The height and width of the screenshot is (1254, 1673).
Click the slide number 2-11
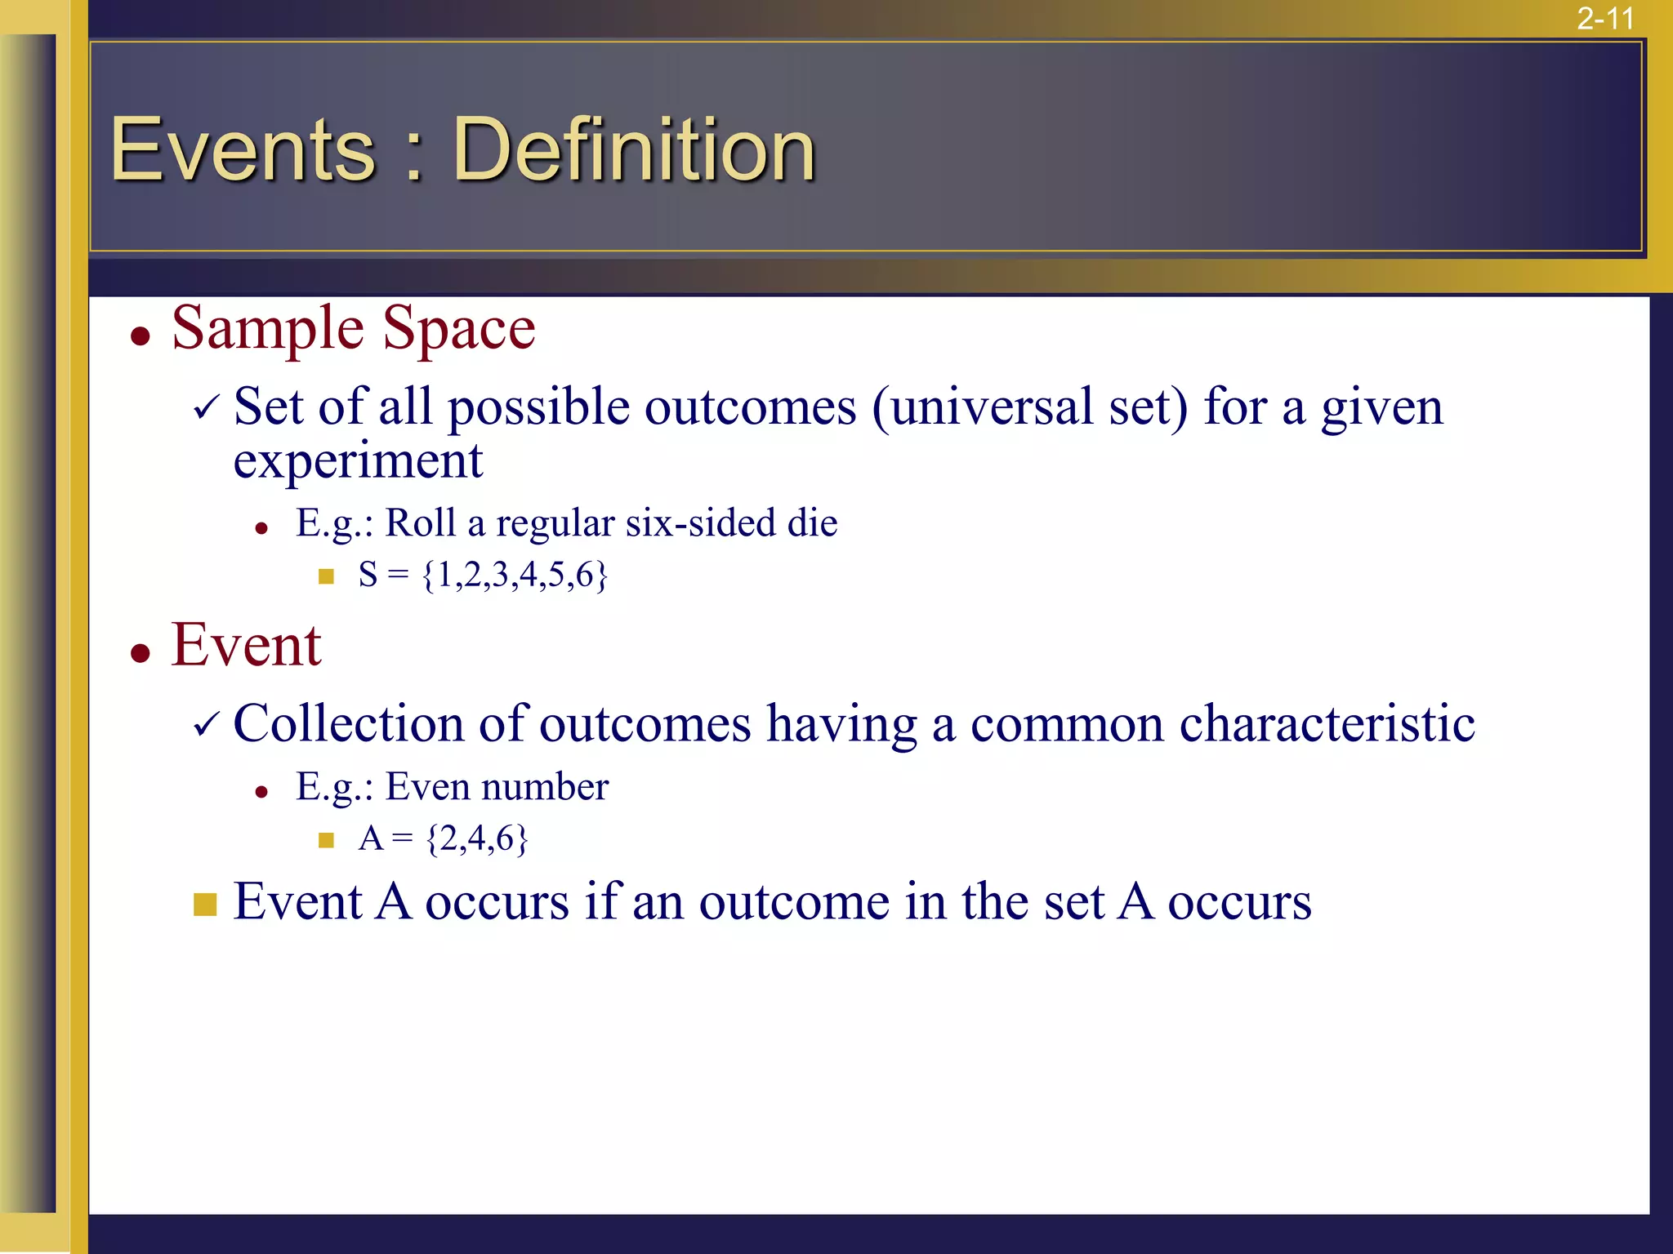1604,18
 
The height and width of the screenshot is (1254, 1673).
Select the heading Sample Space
353,328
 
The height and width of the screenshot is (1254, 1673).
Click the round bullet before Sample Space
141,336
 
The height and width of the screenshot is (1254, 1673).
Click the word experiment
358,461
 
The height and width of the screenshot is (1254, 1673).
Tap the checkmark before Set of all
207,406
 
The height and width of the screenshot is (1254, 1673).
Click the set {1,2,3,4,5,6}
515,575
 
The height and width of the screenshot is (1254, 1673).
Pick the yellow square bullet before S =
326,577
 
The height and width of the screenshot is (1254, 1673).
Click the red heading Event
246,645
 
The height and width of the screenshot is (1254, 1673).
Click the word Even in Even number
427,786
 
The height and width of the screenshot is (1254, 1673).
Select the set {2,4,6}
478,838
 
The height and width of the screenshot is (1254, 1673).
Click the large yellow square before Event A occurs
205,905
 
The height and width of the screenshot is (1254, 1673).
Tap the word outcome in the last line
794,902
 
